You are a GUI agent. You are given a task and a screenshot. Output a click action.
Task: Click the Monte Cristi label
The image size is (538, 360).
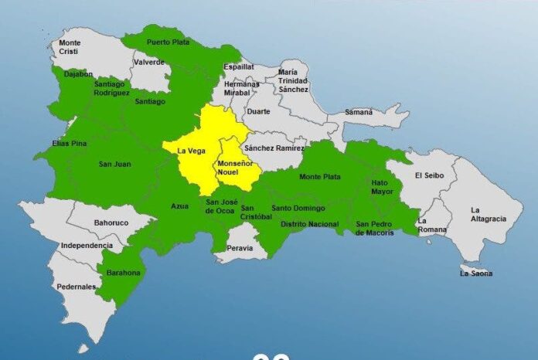pyautogui.click(x=70, y=46)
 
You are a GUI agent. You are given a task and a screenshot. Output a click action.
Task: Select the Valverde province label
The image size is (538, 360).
pyautogui.click(x=148, y=62)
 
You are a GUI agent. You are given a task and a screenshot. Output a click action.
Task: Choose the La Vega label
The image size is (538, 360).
pyautogui.click(x=191, y=151)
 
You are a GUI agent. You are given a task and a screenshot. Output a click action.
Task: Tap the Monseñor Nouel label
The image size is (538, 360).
pyautogui.click(x=234, y=169)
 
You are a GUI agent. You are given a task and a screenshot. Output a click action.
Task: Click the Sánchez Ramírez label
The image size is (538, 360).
pyautogui.click(x=274, y=148)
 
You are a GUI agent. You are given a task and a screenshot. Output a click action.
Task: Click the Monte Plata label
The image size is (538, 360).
pyautogui.click(x=319, y=177)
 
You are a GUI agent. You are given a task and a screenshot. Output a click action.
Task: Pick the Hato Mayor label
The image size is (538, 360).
pyautogui.click(x=382, y=186)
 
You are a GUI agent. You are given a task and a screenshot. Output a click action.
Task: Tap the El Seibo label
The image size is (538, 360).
pyautogui.click(x=428, y=175)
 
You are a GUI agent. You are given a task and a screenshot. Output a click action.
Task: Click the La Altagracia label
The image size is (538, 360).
pyautogui.click(x=488, y=214)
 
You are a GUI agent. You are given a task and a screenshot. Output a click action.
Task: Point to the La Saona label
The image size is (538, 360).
pyautogui.click(x=476, y=273)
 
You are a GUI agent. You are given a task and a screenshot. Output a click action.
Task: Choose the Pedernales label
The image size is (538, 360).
pyautogui.click(x=76, y=287)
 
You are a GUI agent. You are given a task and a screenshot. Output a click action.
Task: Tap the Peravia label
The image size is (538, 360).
pyautogui.click(x=240, y=248)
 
